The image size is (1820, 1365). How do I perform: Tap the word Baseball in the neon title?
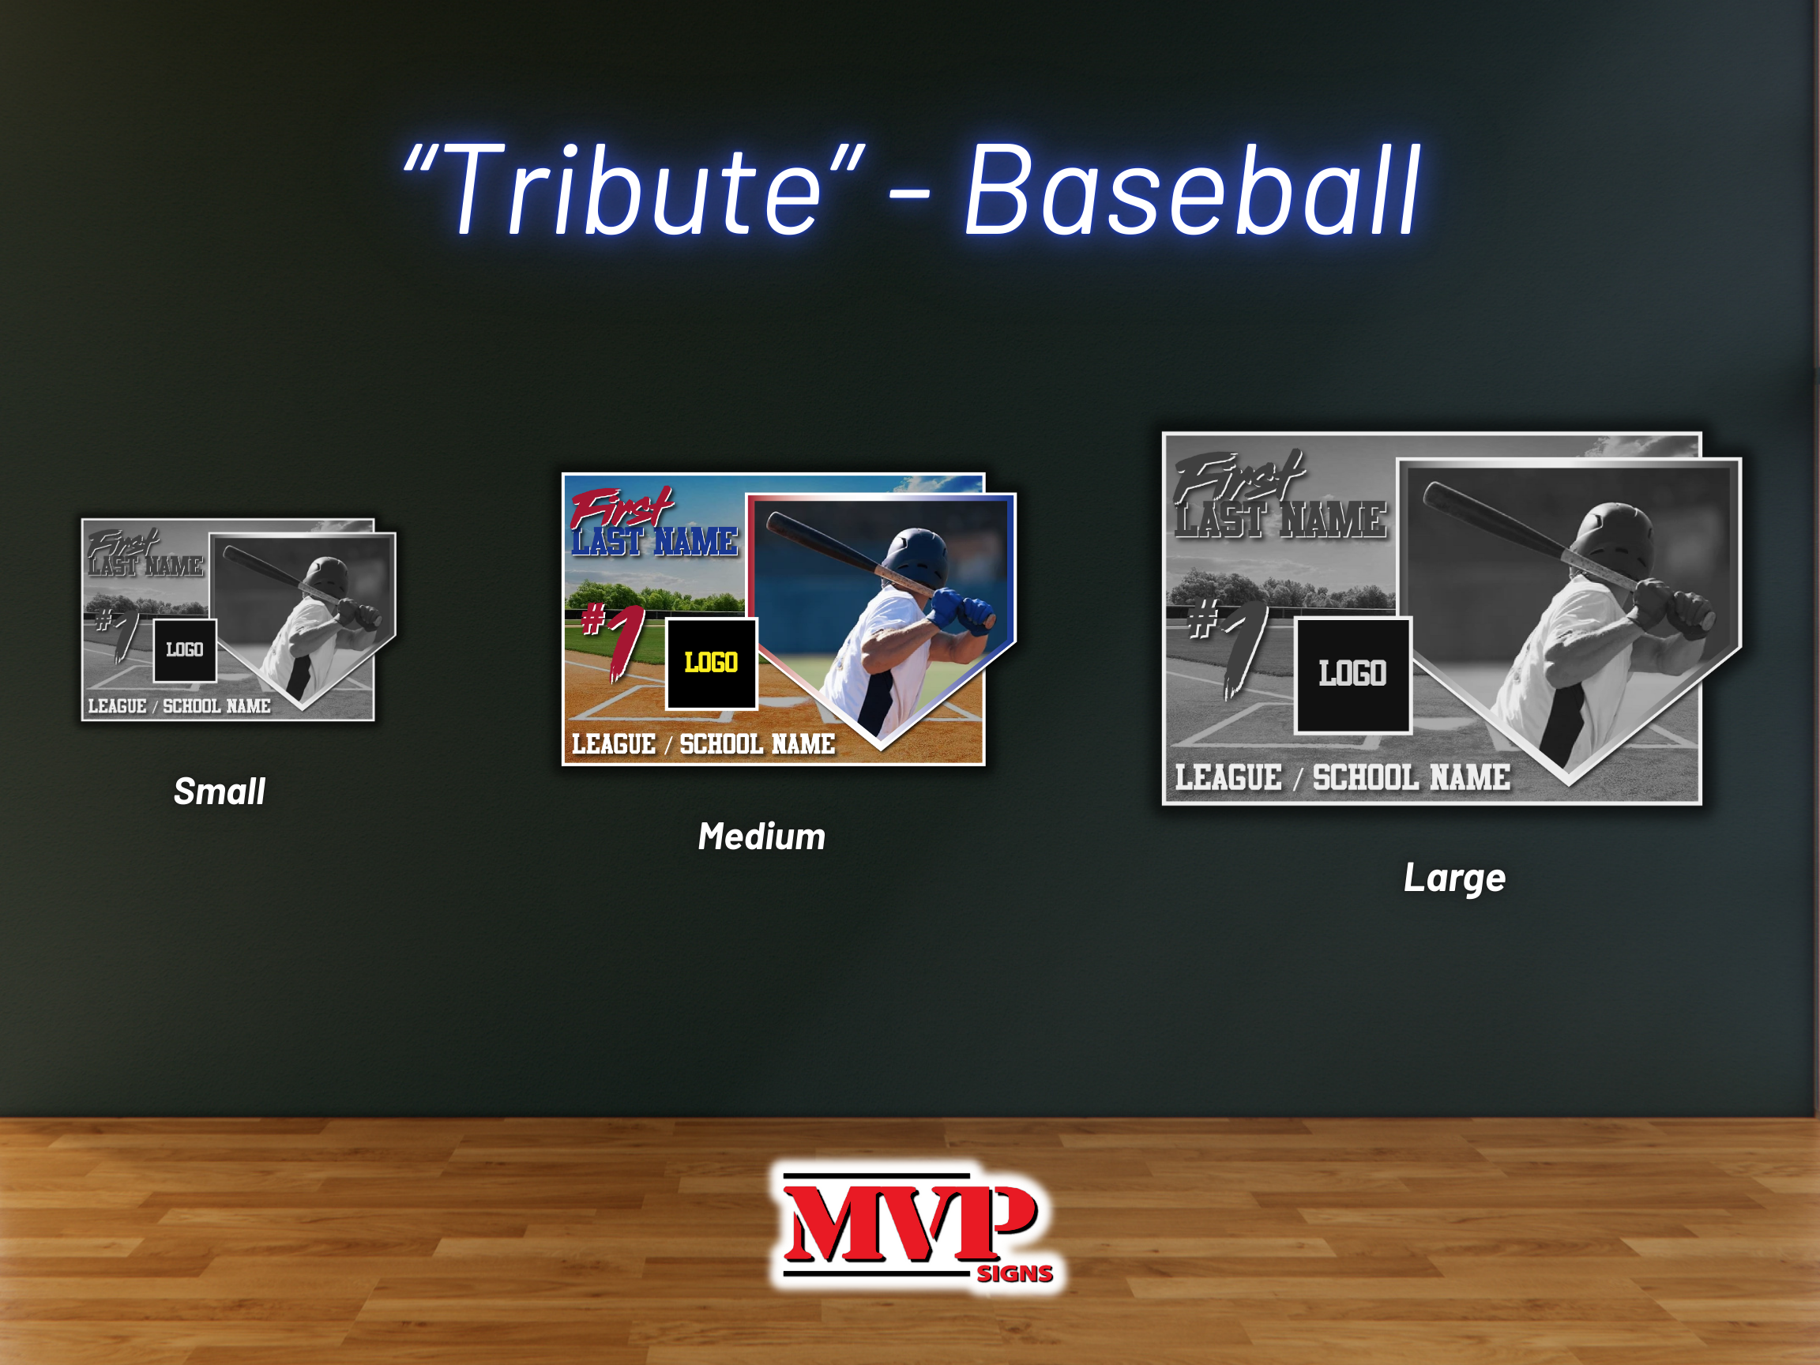coord(1192,190)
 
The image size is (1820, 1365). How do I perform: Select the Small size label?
coord(219,792)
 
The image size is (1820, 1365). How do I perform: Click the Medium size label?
coord(761,837)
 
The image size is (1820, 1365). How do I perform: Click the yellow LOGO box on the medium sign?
coord(711,664)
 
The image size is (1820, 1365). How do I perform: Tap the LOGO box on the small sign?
coord(185,650)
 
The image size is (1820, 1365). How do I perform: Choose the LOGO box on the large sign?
coord(1352,675)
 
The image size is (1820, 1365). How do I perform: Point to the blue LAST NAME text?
coord(655,541)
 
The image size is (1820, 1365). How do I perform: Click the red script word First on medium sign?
coord(621,507)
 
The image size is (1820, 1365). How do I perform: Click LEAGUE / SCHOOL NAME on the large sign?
coord(1342,777)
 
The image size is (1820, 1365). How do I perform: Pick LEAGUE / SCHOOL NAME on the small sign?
coord(179,706)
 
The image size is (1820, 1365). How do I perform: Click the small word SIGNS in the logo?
coord(1014,1273)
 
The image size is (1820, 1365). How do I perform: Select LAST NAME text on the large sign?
coord(1280,520)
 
